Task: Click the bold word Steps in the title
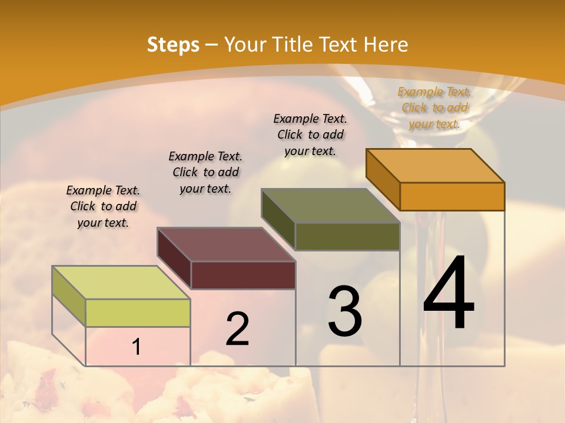172,45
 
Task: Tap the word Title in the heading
294,45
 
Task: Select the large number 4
448,294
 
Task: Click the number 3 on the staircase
345,311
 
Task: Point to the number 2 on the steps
237,329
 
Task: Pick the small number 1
136,347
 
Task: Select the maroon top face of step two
226,244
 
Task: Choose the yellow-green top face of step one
121,283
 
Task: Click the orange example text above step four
435,108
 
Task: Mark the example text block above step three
310,135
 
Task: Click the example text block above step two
205,172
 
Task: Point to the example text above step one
103,206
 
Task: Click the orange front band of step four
452,196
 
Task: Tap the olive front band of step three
347,236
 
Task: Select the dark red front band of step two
243,275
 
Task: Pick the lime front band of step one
138,313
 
